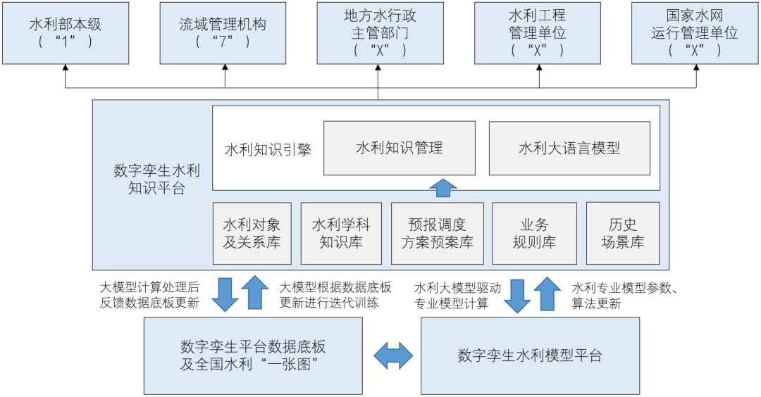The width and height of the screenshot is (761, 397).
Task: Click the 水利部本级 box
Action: pos(66,32)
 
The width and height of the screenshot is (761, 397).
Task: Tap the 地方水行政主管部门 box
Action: pos(381,32)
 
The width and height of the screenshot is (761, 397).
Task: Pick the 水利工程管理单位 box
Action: pos(538,32)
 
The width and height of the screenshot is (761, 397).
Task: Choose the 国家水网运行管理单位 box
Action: pos(695,32)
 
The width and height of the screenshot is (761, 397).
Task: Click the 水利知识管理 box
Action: pos(400,149)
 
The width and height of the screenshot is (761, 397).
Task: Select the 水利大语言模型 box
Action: pos(569,149)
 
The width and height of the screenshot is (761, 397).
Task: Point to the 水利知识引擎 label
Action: pos(268,149)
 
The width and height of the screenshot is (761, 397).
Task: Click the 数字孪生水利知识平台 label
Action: pos(156,179)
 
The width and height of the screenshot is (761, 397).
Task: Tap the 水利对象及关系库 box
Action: pos(252,234)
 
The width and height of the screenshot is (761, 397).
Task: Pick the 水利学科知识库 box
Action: pos(341,234)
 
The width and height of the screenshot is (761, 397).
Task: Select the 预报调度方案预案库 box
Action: pos(438,234)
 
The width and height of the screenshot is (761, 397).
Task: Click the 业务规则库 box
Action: pos(534,234)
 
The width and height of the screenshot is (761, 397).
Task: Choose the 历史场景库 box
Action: pos(623,234)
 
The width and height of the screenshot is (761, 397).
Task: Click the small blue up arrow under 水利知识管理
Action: pos(444,188)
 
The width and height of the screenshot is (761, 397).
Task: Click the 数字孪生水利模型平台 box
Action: pos(530,355)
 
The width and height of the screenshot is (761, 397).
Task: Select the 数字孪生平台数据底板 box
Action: pos(253,355)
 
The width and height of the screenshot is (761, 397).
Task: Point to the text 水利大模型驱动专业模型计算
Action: pos(457,296)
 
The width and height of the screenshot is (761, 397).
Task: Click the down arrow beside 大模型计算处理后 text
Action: pos(226,294)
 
